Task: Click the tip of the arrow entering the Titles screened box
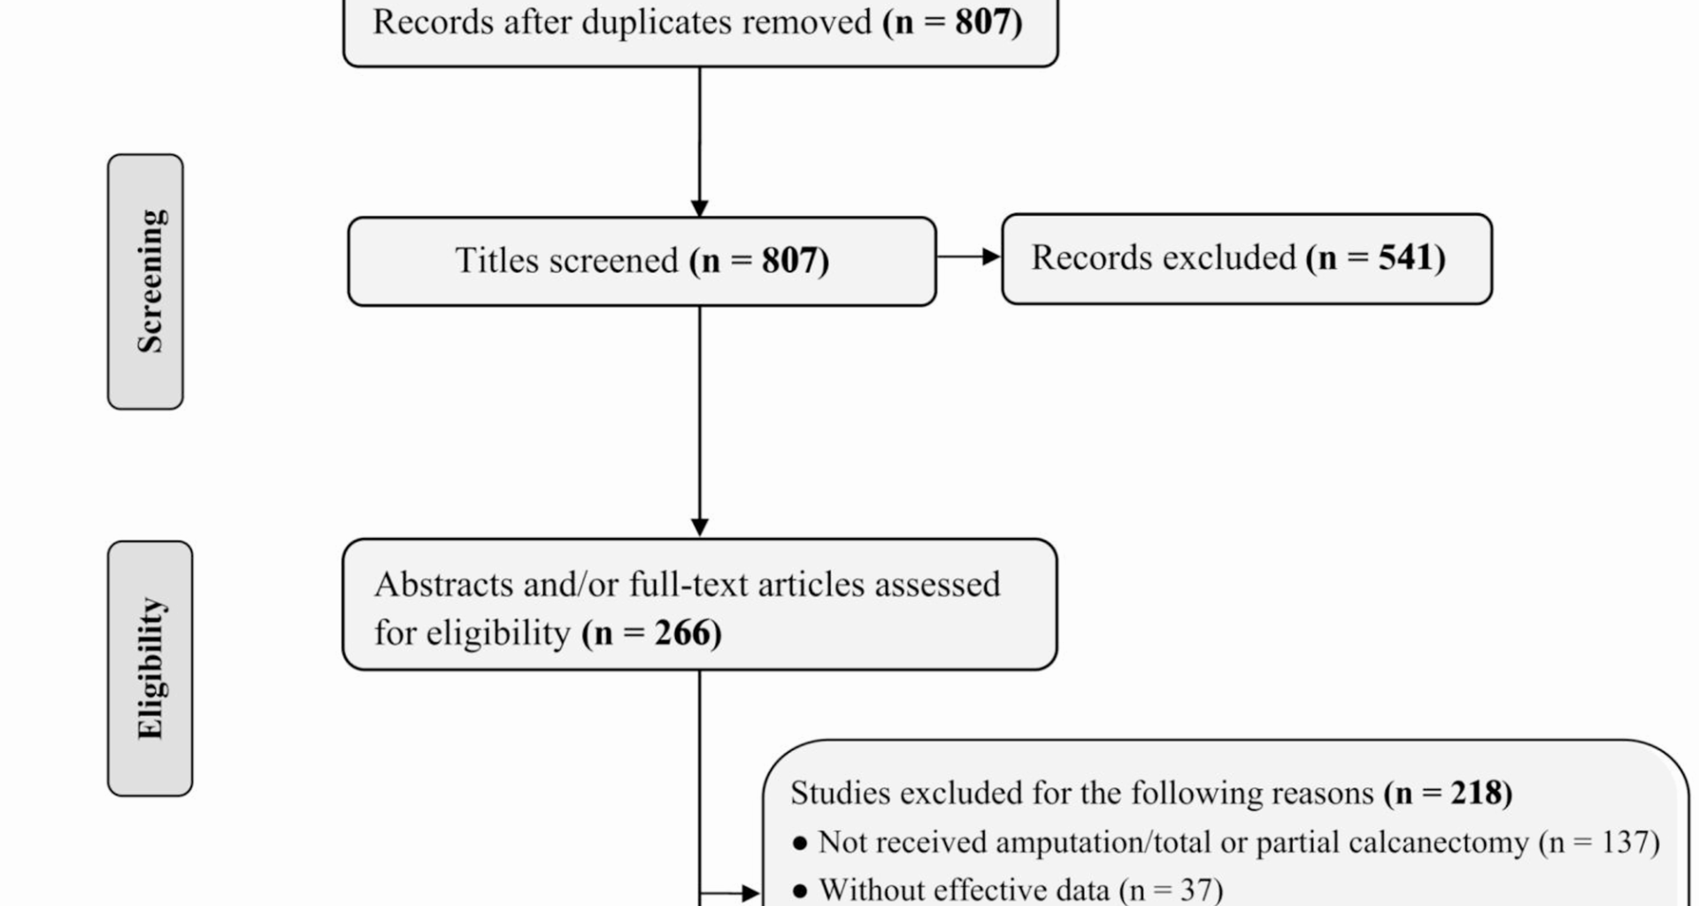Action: coord(699,217)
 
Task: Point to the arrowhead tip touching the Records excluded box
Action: coord(1001,257)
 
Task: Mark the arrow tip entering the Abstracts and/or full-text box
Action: coord(699,537)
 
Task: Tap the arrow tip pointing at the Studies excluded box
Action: coord(761,894)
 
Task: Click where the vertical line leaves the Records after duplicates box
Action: coord(699,67)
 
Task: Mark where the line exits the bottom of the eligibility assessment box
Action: coord(699,671)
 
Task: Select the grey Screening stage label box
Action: coord(145,281)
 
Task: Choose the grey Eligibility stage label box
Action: coord(150,668)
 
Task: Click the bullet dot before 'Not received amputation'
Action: coord(801,843)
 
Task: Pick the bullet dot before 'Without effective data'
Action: coord(801,891)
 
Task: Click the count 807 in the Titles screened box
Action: coord(789,260)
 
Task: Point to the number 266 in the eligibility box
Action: coord(682,633)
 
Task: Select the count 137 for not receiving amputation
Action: coord(1626,842)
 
